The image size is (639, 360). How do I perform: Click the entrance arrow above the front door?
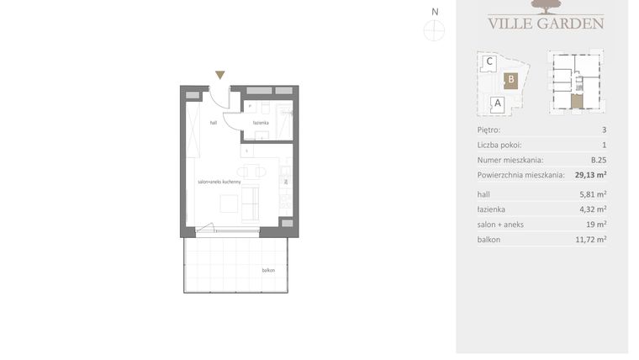click(x=220, y=76)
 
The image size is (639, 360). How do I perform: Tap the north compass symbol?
click(x=435, y=30)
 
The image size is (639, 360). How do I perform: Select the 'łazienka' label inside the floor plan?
click(x=261, y=123)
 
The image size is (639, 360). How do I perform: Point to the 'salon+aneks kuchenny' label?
click(x=219, y=182)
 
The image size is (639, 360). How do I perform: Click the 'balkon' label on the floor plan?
click(x=268, y=271)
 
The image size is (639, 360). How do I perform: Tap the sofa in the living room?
click(x=251, y=204)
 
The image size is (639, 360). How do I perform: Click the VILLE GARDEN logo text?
click(x=545, y=23)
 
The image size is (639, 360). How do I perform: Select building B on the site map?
click(x=510, y=81)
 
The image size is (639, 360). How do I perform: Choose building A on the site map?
click(x=497, y=104)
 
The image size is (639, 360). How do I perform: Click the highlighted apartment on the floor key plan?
click(x=575, y=103)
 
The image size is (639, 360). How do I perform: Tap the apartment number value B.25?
click(x=598, y=160)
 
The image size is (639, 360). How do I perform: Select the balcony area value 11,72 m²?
click(x=592, y=240)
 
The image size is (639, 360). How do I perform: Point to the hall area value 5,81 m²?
click(x=594, y=194)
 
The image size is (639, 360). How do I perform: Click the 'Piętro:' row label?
click(x=488, y=130)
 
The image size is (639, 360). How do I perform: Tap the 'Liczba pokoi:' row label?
click(x=499, y=146)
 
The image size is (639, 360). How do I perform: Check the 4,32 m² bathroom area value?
click(x=594, y=209)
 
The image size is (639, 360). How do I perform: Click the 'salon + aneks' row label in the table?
click(x=500, y=225)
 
